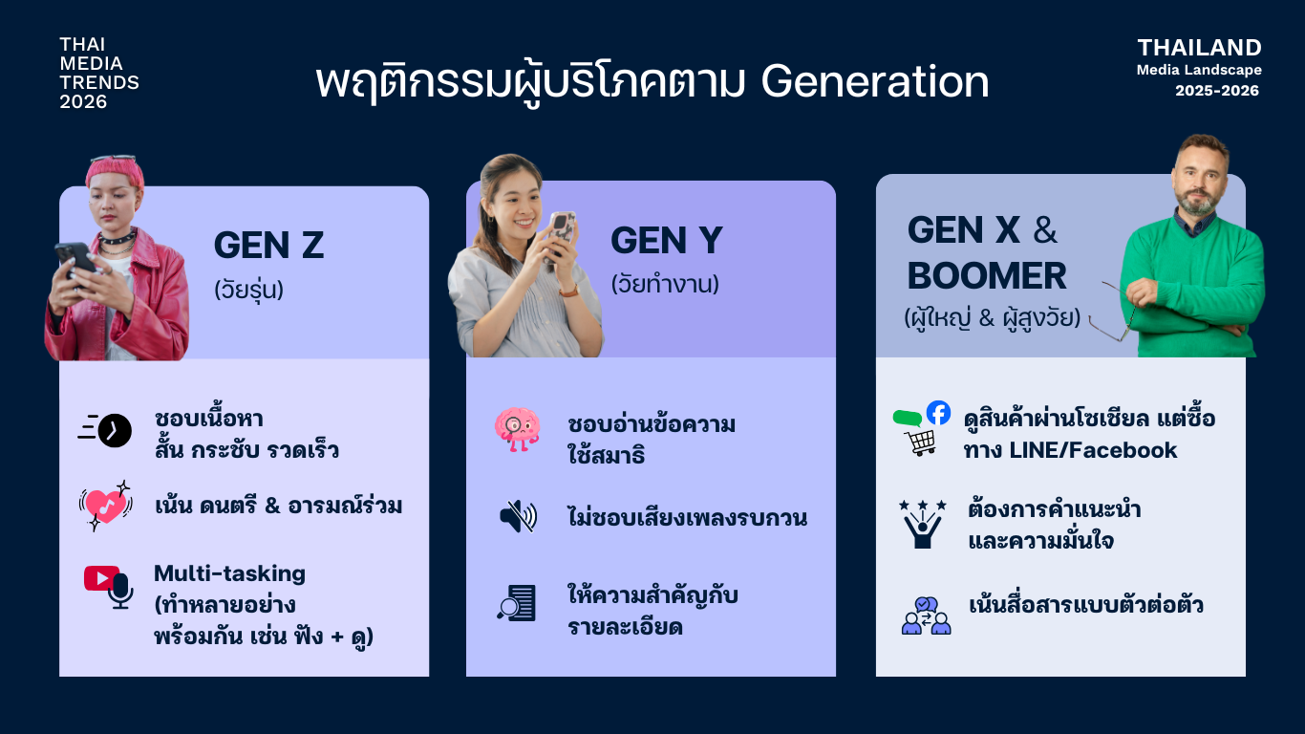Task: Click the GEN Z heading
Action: (268, 245)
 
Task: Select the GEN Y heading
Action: (667, 240)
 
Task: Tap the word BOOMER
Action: (986, 276)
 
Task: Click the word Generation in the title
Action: (874, 81)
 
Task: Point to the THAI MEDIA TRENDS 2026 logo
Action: (99, 73)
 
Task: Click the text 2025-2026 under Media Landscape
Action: (1216, 91)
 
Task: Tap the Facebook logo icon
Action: (938, 413)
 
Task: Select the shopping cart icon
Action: (920, 443)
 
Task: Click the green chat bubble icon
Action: (907, 418)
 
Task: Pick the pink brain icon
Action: (517, 429)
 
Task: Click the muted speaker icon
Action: (518, 516)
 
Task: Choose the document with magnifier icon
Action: (516, 603)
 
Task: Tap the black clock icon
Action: (115, 431)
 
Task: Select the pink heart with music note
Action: (105, 506)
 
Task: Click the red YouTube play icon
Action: (101, 578)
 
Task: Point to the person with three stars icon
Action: (923, 524)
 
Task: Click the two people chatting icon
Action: (926, 615)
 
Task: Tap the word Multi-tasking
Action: (229, 573)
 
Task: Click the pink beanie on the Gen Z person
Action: (115, 173)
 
